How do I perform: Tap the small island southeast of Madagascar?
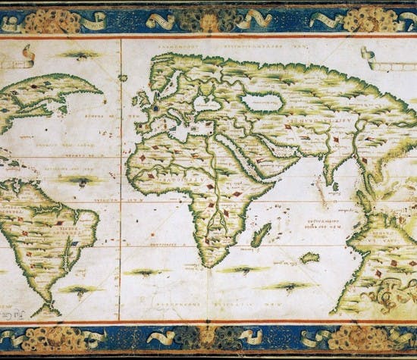[x=309, y=258]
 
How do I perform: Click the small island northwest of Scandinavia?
[x=123, y=77]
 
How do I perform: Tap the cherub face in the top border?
[x=206, y=21]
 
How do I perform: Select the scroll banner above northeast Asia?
[x=377, y=58]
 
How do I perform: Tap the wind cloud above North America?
[x=78, y=55]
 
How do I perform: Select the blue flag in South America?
[x=75, y=244]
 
